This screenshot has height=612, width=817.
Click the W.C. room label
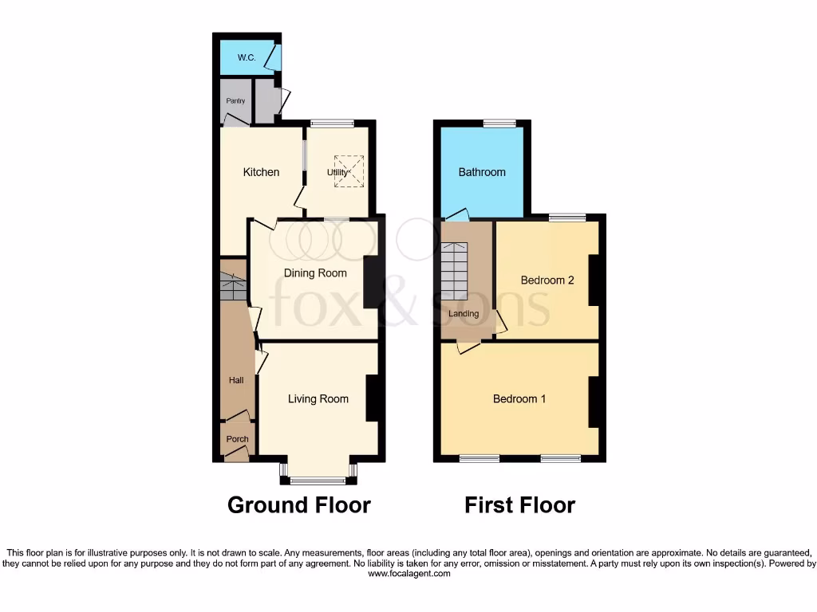pyautogui.click(x=245, y=58)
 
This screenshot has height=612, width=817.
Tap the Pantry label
pyautogui.click(x=235, y=101)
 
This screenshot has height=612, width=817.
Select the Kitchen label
pyautogui.click(x=262, y=172)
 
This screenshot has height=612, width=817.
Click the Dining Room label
pyautogui.click(x=316, y=273)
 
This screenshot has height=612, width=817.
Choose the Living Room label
pyautogui.click(x=318, y=398)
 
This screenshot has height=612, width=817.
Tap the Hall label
pyautogui.click(x=236, y=380)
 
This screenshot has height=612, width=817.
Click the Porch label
pyautogui.click(x=237, y=439)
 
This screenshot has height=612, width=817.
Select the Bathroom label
pyautogui.click(x=482, y=172)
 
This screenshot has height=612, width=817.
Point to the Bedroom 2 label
pyautogui.click(x=547, y=280)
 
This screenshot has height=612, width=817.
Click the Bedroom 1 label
pyautogui.click(x=519, y=398)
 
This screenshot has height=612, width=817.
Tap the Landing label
pyautogui.click(x=464, y=313)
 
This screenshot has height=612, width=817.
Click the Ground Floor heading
pyautogui.click(x=299, y=505)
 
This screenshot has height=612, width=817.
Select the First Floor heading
pyautogui.click(x=520, y=505)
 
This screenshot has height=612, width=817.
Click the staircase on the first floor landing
pyautogui.click(x=455, y=271)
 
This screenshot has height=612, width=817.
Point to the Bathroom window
pyautogui.click(x=499, y=123)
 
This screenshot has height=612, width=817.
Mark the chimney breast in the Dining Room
pyautogui.click(x=372, y=281)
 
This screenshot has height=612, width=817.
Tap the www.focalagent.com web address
pyautogui.click(x=408, y=573)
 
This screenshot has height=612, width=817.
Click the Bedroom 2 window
pyautogui.click(x=566, y=217)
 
